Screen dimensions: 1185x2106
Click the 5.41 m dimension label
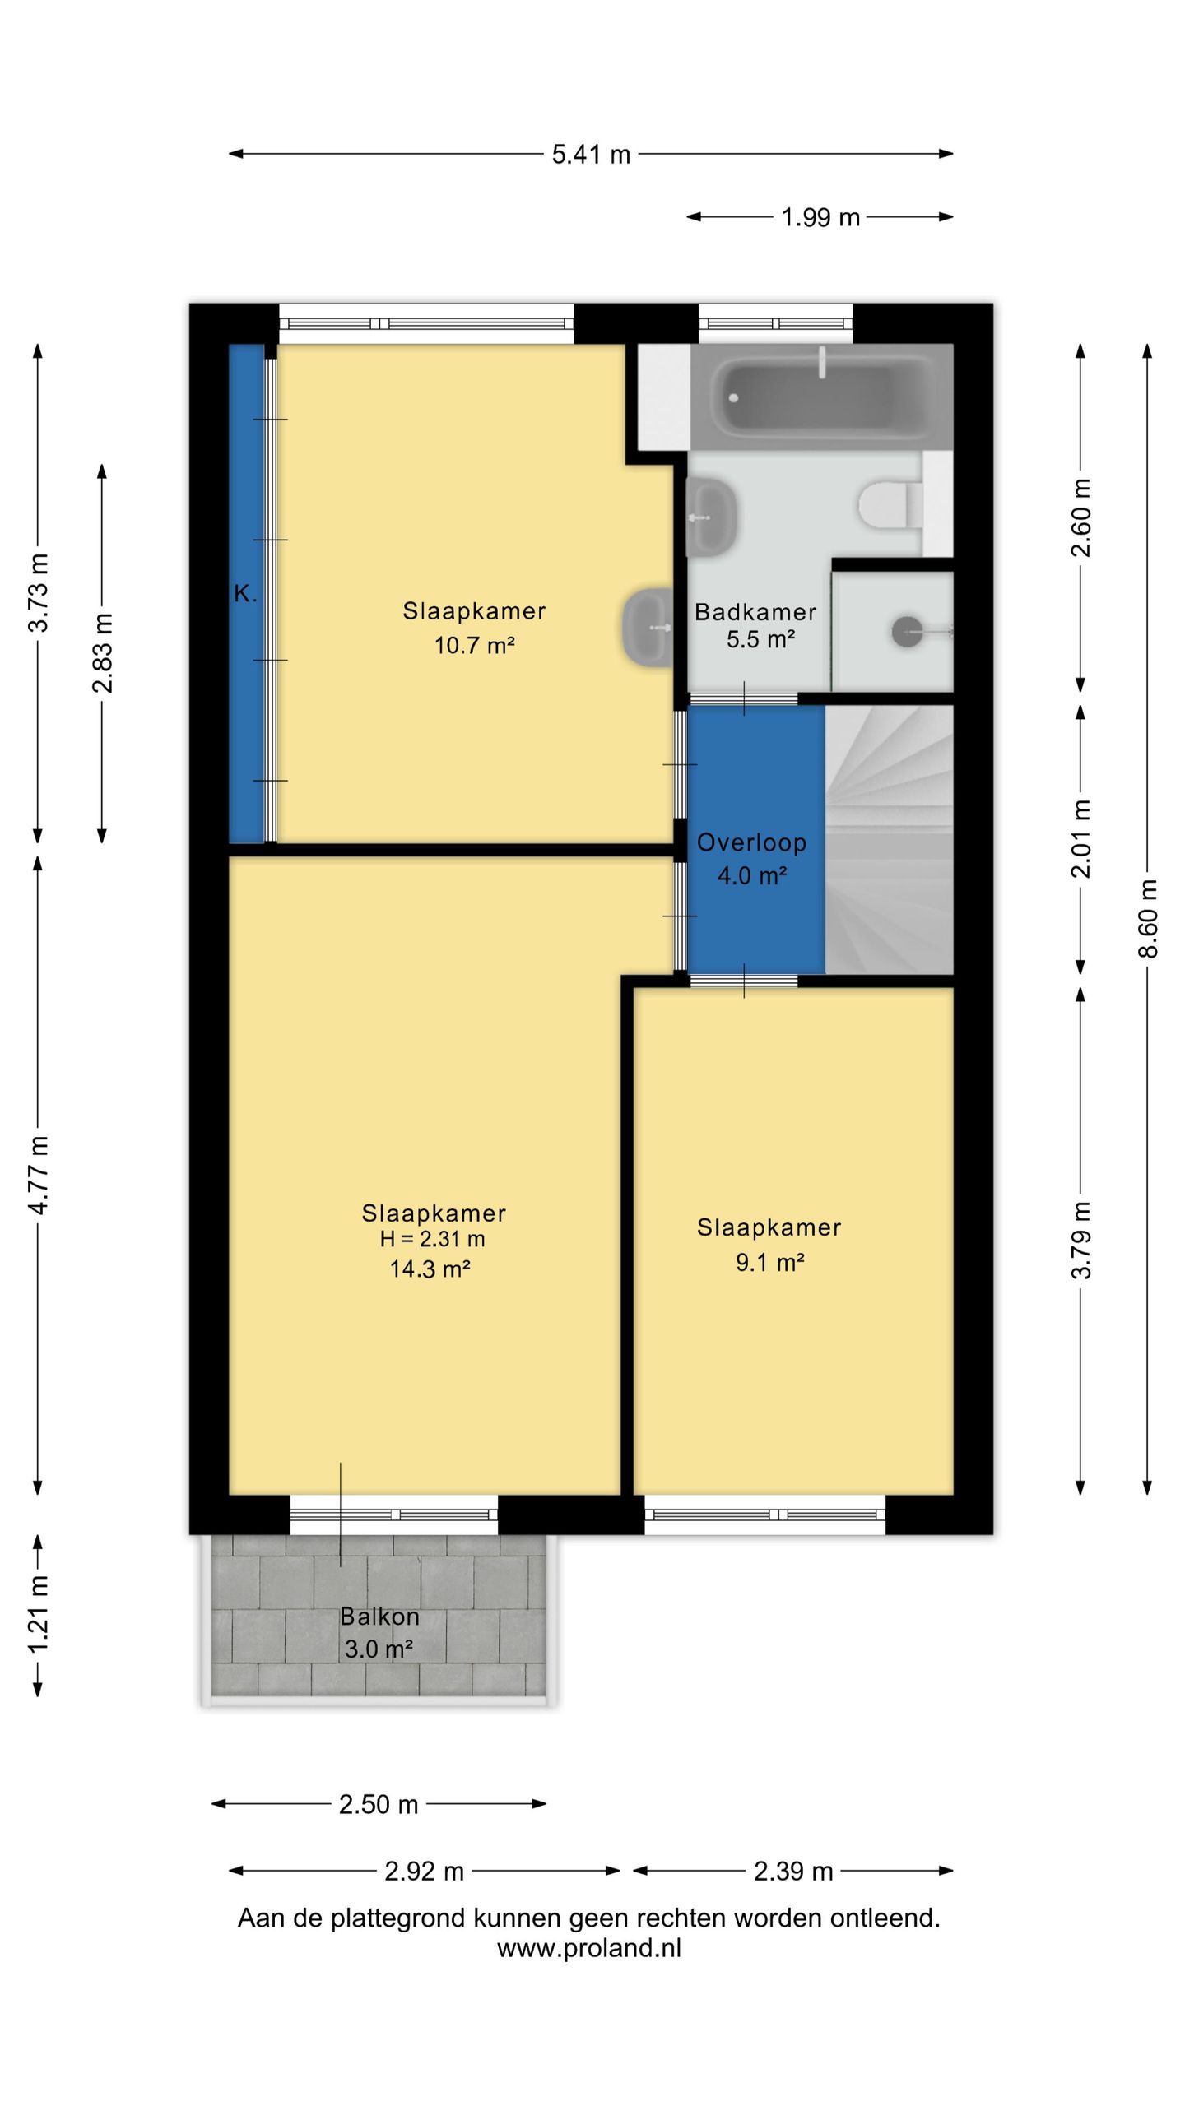pyautogui.click(x=591, y=155)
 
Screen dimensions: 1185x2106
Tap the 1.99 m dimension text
pyautogui.click(x=820, y=217)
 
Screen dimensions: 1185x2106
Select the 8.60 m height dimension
pyautogui.click(x=1148, y=919)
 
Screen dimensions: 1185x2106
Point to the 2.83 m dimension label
pyautogui.click(x=103, y=653)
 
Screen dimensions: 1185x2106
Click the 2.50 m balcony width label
pyautogui.click(x=379, y=1804)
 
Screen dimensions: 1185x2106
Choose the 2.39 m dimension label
pyautogui.click(x=793, y=1872)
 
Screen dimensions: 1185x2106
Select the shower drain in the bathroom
pyautogui.click(x=907, y=632)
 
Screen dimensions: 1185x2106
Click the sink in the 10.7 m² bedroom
pyautogui.click(x=648, y=627)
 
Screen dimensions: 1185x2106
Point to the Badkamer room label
pyautogui.click(x=755, y=612)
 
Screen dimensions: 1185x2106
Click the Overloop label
pyautogui.click(x=751, y=842)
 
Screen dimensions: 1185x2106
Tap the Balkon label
pyautogui.click(x=379, y=1617)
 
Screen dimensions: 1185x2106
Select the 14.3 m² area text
pyautogui.click(x=430, y=1269)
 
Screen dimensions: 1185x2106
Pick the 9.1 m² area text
pyautogui.click(x=769, y=1262)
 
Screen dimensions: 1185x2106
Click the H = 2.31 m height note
pyautogui.click(x=432, y=1239)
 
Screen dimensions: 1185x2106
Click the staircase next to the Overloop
pyautogui.click(x=889, y=839)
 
